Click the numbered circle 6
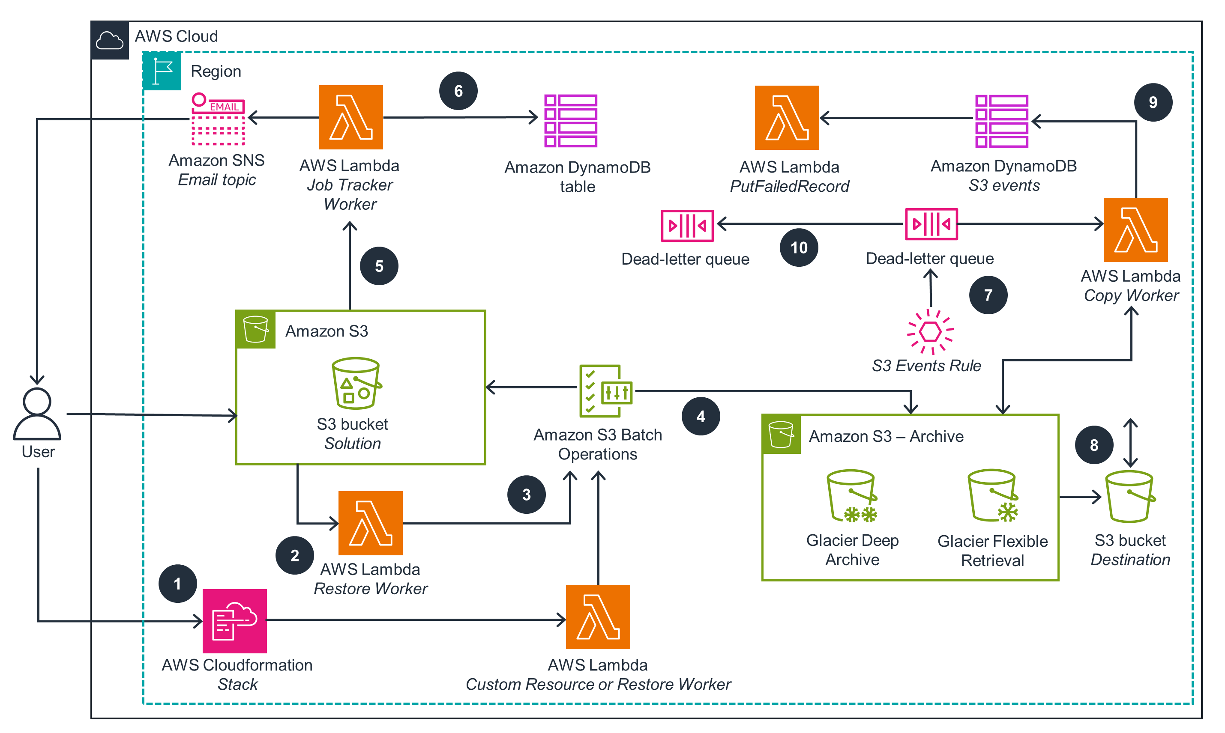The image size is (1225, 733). tap(458, 91)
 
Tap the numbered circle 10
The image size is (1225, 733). tap(799, 247)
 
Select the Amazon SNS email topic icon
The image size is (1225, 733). tap(218, 119)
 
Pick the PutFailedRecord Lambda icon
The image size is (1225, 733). tap(786, 118)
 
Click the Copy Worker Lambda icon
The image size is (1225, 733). tap(1135, 229)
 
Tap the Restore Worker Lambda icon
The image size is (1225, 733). tap(370, 523)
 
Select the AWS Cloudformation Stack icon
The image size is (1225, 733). tap(234, 620)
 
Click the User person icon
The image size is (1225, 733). tap(36, 414)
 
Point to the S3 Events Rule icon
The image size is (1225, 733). tap(930, 331)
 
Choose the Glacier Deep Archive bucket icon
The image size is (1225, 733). tap(852, 495)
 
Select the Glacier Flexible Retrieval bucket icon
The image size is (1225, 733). tap(992, 495)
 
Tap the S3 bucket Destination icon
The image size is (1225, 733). tap(1129, 496)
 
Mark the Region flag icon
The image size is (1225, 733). tap(162, 71)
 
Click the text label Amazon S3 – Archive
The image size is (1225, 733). tap(886, 436)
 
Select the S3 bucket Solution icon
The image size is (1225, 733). tap(356, 383)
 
